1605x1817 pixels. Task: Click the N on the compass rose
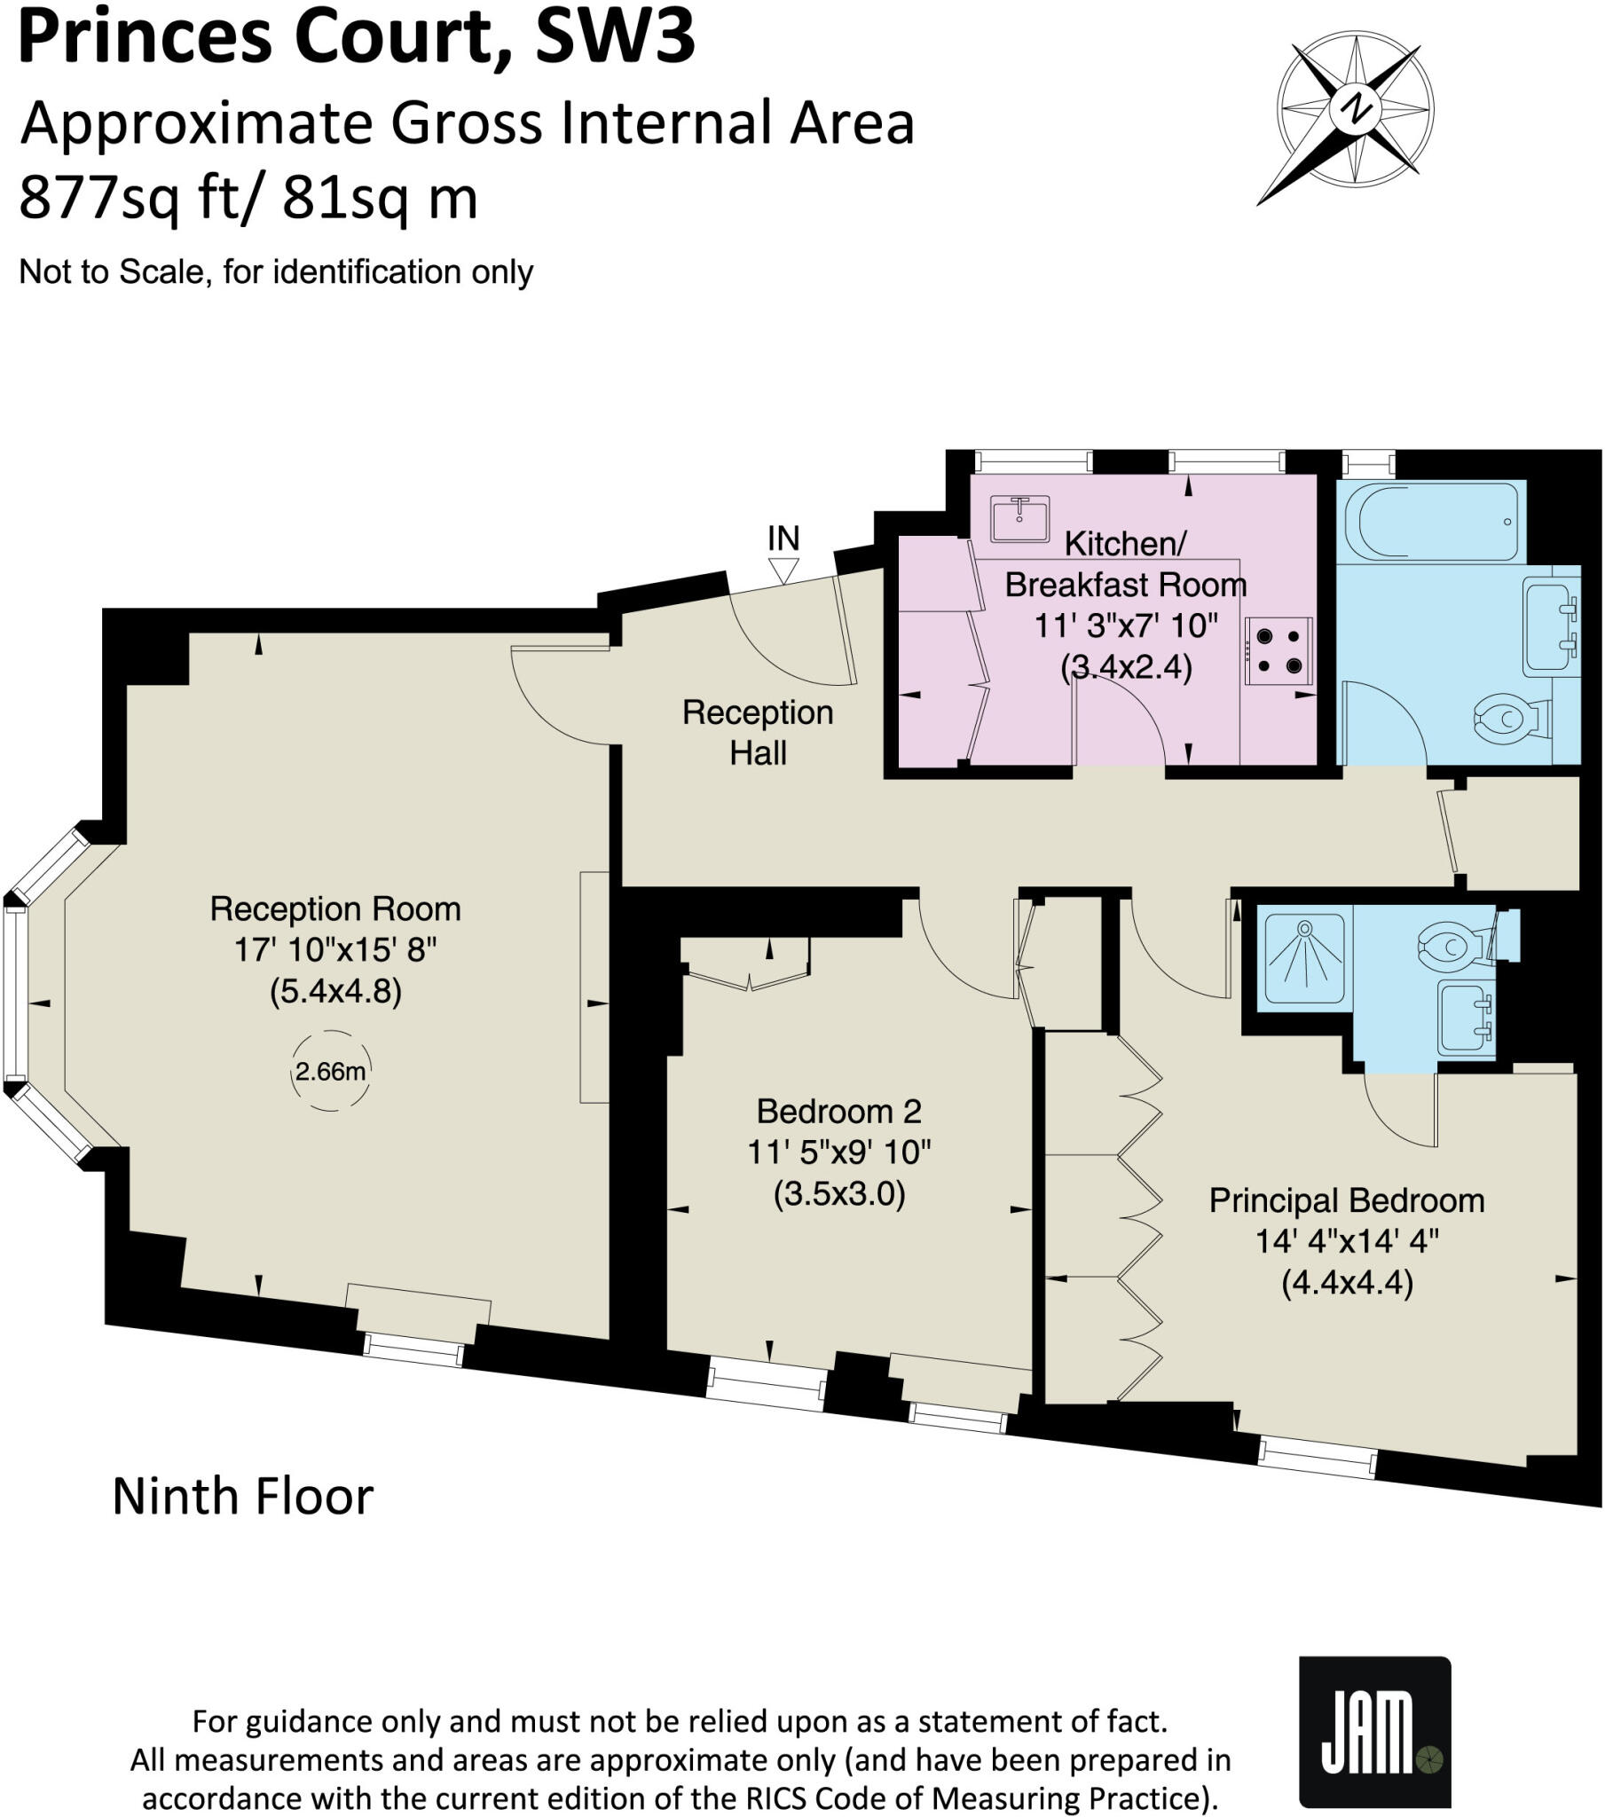pyautogui.click(x=1355, y=108)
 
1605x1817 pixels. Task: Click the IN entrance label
pyautogui.click(x=783, y=538)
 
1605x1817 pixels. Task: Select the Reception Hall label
pyautogui.click(x=758, y=733)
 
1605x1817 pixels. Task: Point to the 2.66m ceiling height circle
pyautogui.click(x=331, y=1071)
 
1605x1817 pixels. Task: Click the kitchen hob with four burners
pyautogui.click(x=1278, y=650)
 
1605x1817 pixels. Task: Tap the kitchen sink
pyautogui.click(x=1020, y=518)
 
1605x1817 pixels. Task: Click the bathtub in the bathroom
pyautogui.click(x=1431, y=521)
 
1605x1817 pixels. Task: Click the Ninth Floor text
pyautogui.click(x=243, y=1496)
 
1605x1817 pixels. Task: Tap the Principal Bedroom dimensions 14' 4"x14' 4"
pyautogui.click(x=1347, y=1241)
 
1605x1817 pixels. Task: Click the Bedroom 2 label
pyautogui.click(x=838, y=1111)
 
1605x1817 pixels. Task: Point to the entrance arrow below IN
pyautogui.click(x=783, y=570)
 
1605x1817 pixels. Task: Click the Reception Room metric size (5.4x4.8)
pyautogui.click(x=336, y=991)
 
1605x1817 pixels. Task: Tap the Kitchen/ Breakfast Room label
pyautogui.click(x=1126, y=563)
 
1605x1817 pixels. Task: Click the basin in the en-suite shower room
pyautogui.click(x=1467, y=1018)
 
